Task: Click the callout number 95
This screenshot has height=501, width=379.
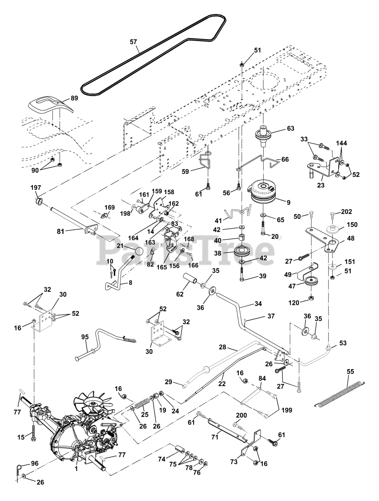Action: pyautogui.click(x=85, y=337)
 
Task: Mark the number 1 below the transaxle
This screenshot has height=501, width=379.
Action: pyautogui.click(x=76, y=468)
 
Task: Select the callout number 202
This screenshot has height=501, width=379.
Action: pyautogui.click(x=347, y=212)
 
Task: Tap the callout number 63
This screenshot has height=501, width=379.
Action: pyautogui.click(x=291, y=128)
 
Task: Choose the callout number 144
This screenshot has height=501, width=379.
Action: pyautogui.click(x=341, y=143)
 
